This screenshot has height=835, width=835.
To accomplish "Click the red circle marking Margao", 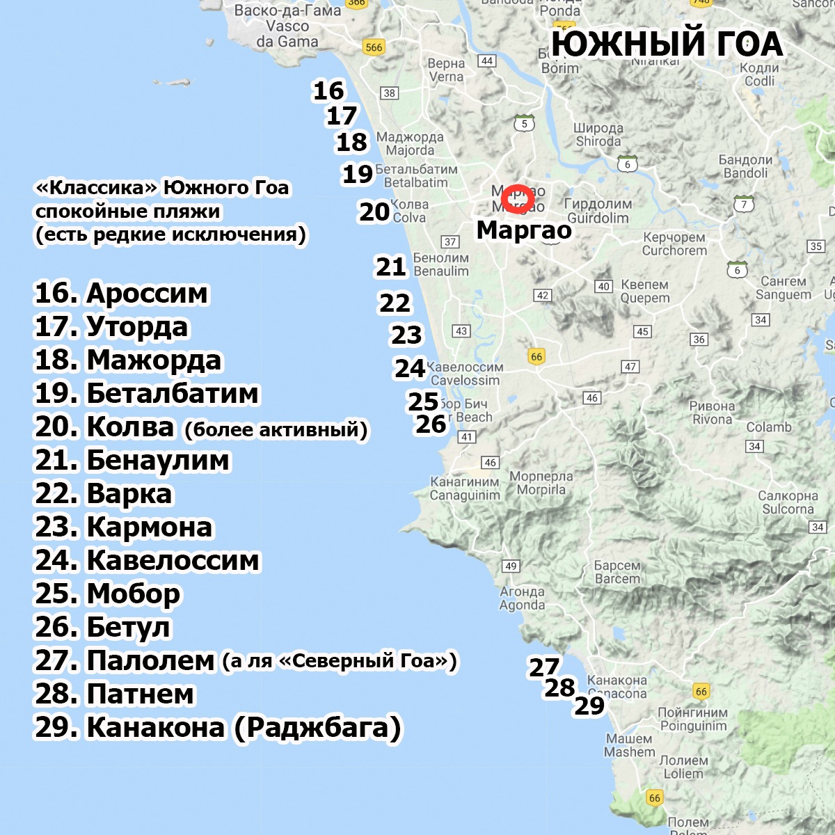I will [518, 198].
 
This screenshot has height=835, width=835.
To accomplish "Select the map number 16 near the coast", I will [328, 90].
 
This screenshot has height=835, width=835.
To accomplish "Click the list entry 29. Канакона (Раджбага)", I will [218, 728].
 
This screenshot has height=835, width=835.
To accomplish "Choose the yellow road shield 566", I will [374, 47].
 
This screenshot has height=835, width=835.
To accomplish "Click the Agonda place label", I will [522, 598].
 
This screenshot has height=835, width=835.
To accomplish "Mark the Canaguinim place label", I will [465, 488].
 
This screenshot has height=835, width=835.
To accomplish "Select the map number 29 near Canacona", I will [589, 706].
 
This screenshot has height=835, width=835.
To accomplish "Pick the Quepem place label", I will [644, 292].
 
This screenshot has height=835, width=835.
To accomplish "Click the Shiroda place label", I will [598, 135].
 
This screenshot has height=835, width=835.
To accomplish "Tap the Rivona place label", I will [712, 413].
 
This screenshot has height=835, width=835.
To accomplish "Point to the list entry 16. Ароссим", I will [121, 294].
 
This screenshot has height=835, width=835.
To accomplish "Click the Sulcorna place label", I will [788, 502].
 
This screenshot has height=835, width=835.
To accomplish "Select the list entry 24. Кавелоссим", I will [147, 561].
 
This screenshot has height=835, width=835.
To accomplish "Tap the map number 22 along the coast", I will [395, 303].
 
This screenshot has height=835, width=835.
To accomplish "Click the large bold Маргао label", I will [524, 230].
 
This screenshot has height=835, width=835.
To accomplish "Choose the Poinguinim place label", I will [692, 719].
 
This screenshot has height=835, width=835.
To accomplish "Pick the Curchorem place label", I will [674, 244].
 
